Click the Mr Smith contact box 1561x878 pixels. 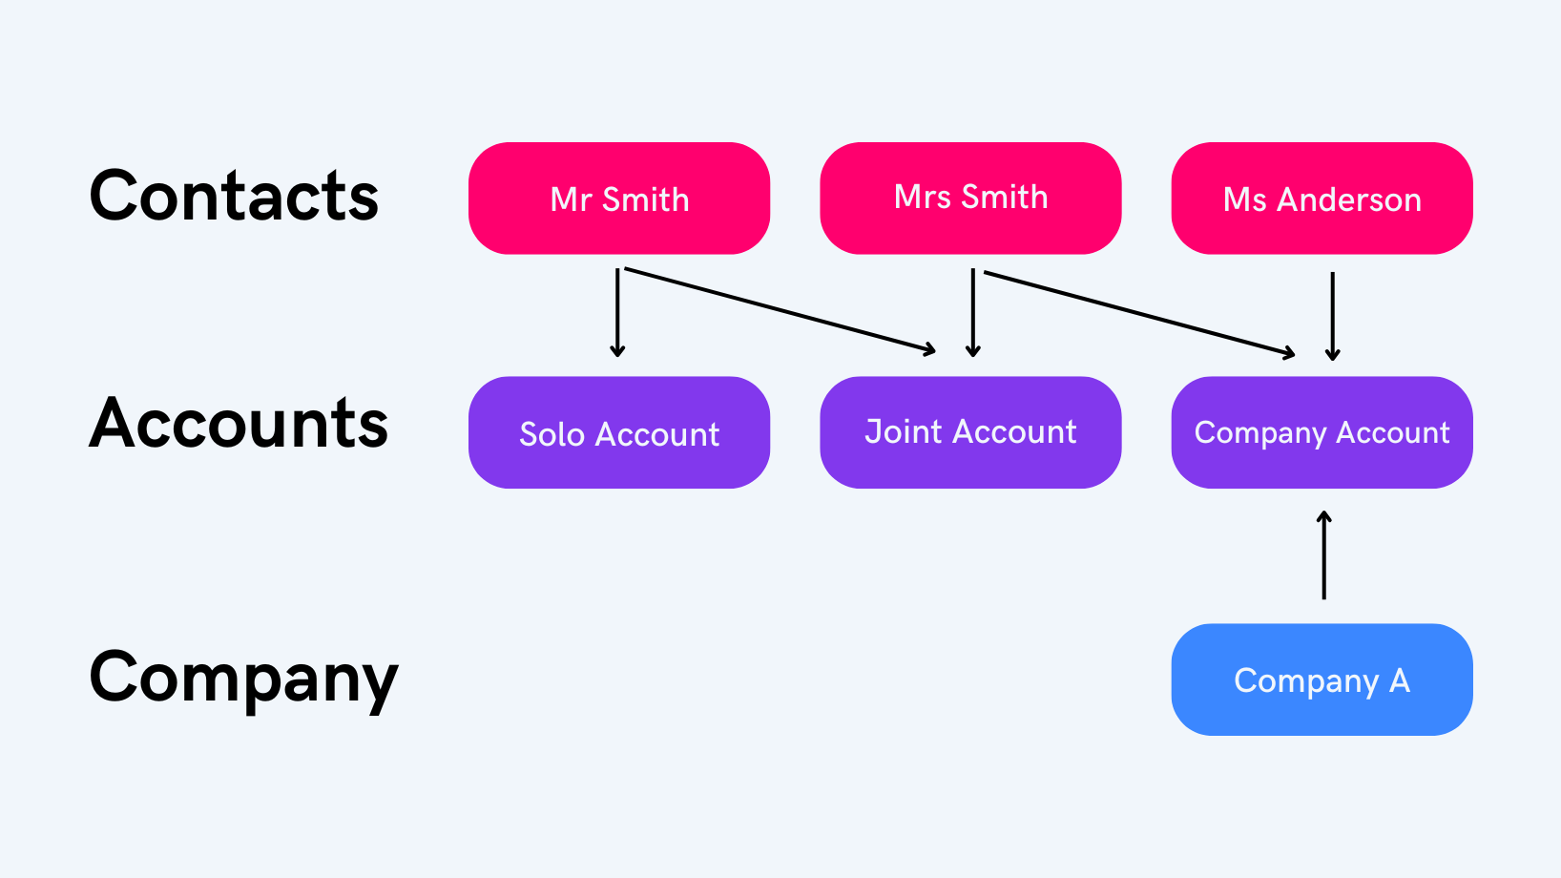pos(619,199)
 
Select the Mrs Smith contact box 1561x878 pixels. pos(970,198)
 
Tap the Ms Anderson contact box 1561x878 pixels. pos(1322,199)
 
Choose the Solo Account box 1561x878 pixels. pos(619,432)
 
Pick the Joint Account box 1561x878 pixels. pos(970,432)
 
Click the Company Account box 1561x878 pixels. pos(1322,432)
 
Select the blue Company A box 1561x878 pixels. pos(1322,679)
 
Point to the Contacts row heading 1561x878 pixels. pos(234,197)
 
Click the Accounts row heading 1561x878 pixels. pos(239,423)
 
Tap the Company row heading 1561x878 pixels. pos(243,678)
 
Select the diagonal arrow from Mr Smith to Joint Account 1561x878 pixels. pos(780,311)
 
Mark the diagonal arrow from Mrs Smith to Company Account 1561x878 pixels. pos(1140,314)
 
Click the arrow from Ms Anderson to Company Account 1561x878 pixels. pos(1333,316)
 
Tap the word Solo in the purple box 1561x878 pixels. pos(552,434)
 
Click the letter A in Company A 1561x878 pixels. pos(1399,680)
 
